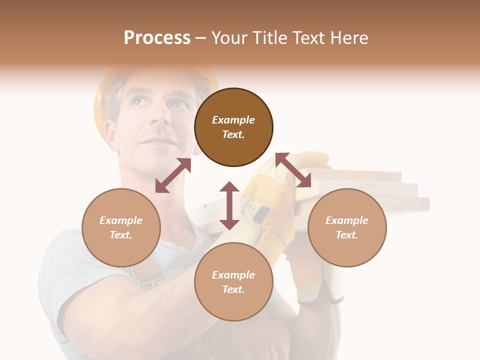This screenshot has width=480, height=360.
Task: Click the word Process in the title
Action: pos(157,38)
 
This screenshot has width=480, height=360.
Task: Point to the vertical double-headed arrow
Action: pos(229,205)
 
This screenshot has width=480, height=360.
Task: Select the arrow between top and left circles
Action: pos(173,175)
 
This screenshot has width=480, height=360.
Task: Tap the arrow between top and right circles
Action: pos(293,170)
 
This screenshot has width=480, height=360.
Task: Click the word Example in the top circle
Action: pos(233,120)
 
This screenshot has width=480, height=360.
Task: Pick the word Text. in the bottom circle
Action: pos(233,289)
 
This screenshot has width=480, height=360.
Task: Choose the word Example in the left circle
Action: pos(121,220)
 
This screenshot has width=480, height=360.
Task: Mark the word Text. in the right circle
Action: pos(347,235)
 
